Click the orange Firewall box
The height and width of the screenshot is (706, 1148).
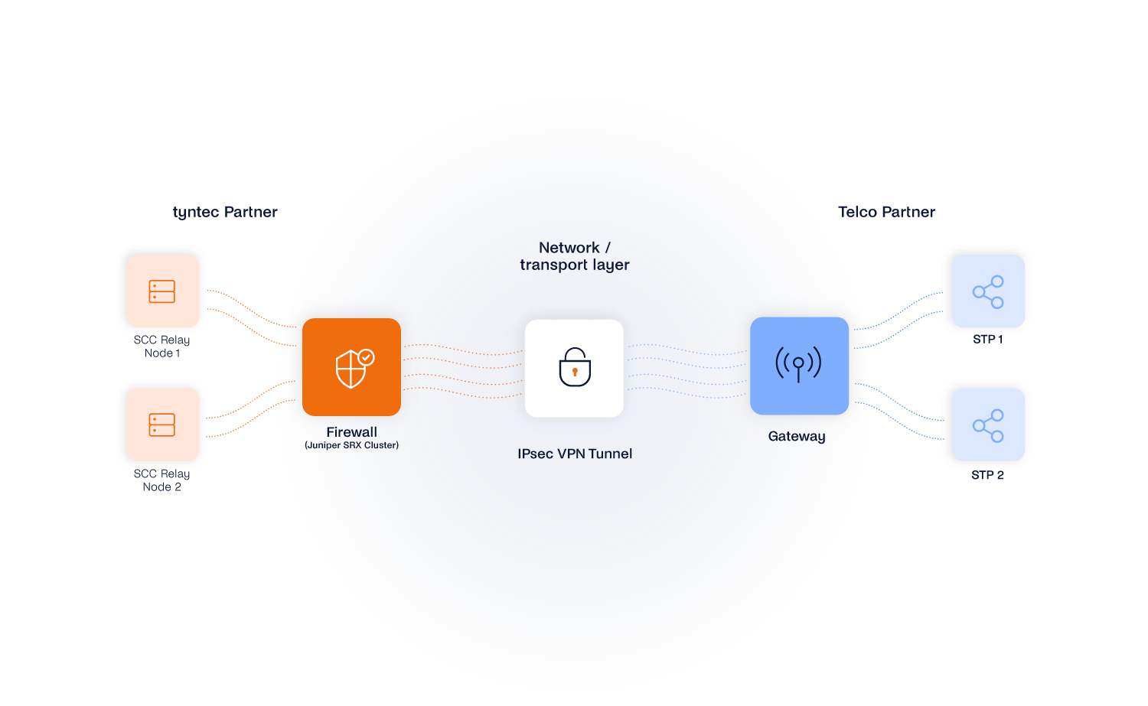click(351, 367)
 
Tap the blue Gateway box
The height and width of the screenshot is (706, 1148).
click(799, 366)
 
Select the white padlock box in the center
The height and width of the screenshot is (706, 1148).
click(574, 368)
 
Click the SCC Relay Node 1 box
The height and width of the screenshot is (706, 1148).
click(163, 291)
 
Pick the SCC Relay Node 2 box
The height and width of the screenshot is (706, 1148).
click(163, 425)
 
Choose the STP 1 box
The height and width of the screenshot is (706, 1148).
click(988, 291)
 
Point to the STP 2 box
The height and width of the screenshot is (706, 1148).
click(988, 425)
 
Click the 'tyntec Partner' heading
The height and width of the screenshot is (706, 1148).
click(225, 212)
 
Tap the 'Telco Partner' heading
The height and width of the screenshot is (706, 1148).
click(886, 212)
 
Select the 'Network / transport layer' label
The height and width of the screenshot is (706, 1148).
click(574, 256)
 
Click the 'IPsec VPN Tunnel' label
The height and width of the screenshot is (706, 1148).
click(575, 454)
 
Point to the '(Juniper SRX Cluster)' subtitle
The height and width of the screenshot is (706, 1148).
click(351, 445)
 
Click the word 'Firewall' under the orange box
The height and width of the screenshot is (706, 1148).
click(351, 432)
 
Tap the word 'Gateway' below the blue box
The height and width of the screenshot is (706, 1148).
click(797, 436)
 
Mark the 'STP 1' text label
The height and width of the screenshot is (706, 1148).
click(987, 339)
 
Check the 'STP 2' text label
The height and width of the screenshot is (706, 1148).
click(987, 475)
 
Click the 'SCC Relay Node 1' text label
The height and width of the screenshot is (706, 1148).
click(161, 346)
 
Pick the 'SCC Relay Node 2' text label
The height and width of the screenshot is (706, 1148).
click(161, 480)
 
